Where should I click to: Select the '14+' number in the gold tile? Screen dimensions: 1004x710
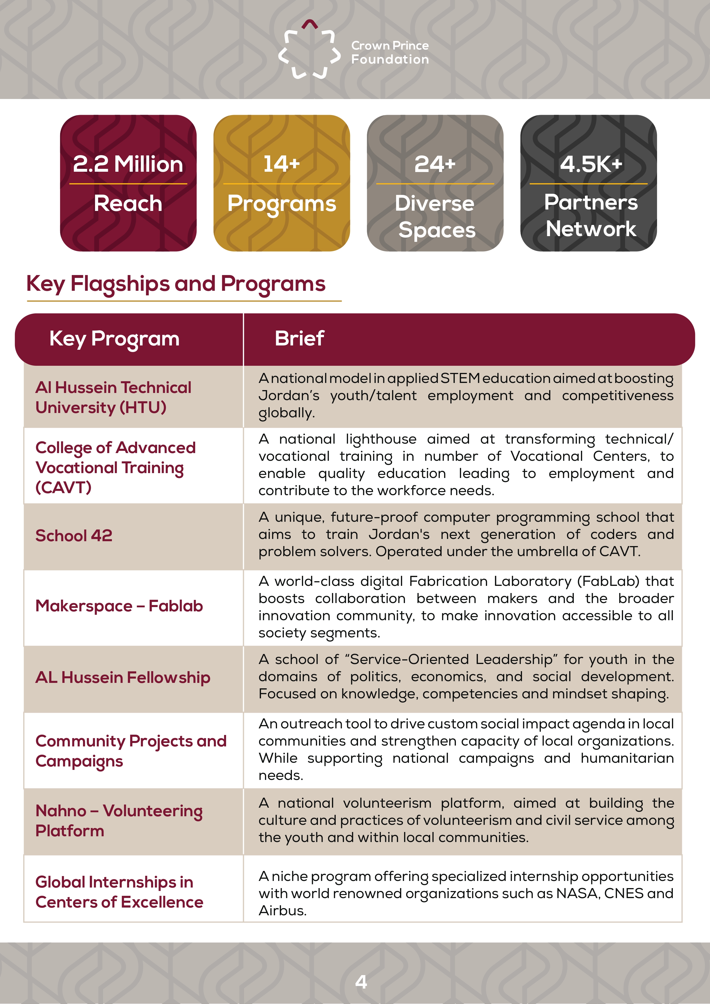coord(282,164)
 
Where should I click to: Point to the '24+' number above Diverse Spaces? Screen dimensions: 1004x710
coord(435,164)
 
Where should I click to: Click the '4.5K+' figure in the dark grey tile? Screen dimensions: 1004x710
coord(591,164)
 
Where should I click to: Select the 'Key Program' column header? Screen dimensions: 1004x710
coord(114,339)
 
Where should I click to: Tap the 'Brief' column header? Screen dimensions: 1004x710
coord(299,339)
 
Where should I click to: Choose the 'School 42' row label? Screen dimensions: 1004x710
coord(74,536)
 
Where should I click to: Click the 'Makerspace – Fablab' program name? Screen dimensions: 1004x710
coord(119,606)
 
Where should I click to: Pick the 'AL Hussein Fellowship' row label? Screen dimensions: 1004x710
coord(122,677)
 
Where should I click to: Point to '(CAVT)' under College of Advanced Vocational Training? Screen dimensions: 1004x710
coord(64,487)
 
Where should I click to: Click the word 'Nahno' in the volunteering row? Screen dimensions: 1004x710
coord(61,811)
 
